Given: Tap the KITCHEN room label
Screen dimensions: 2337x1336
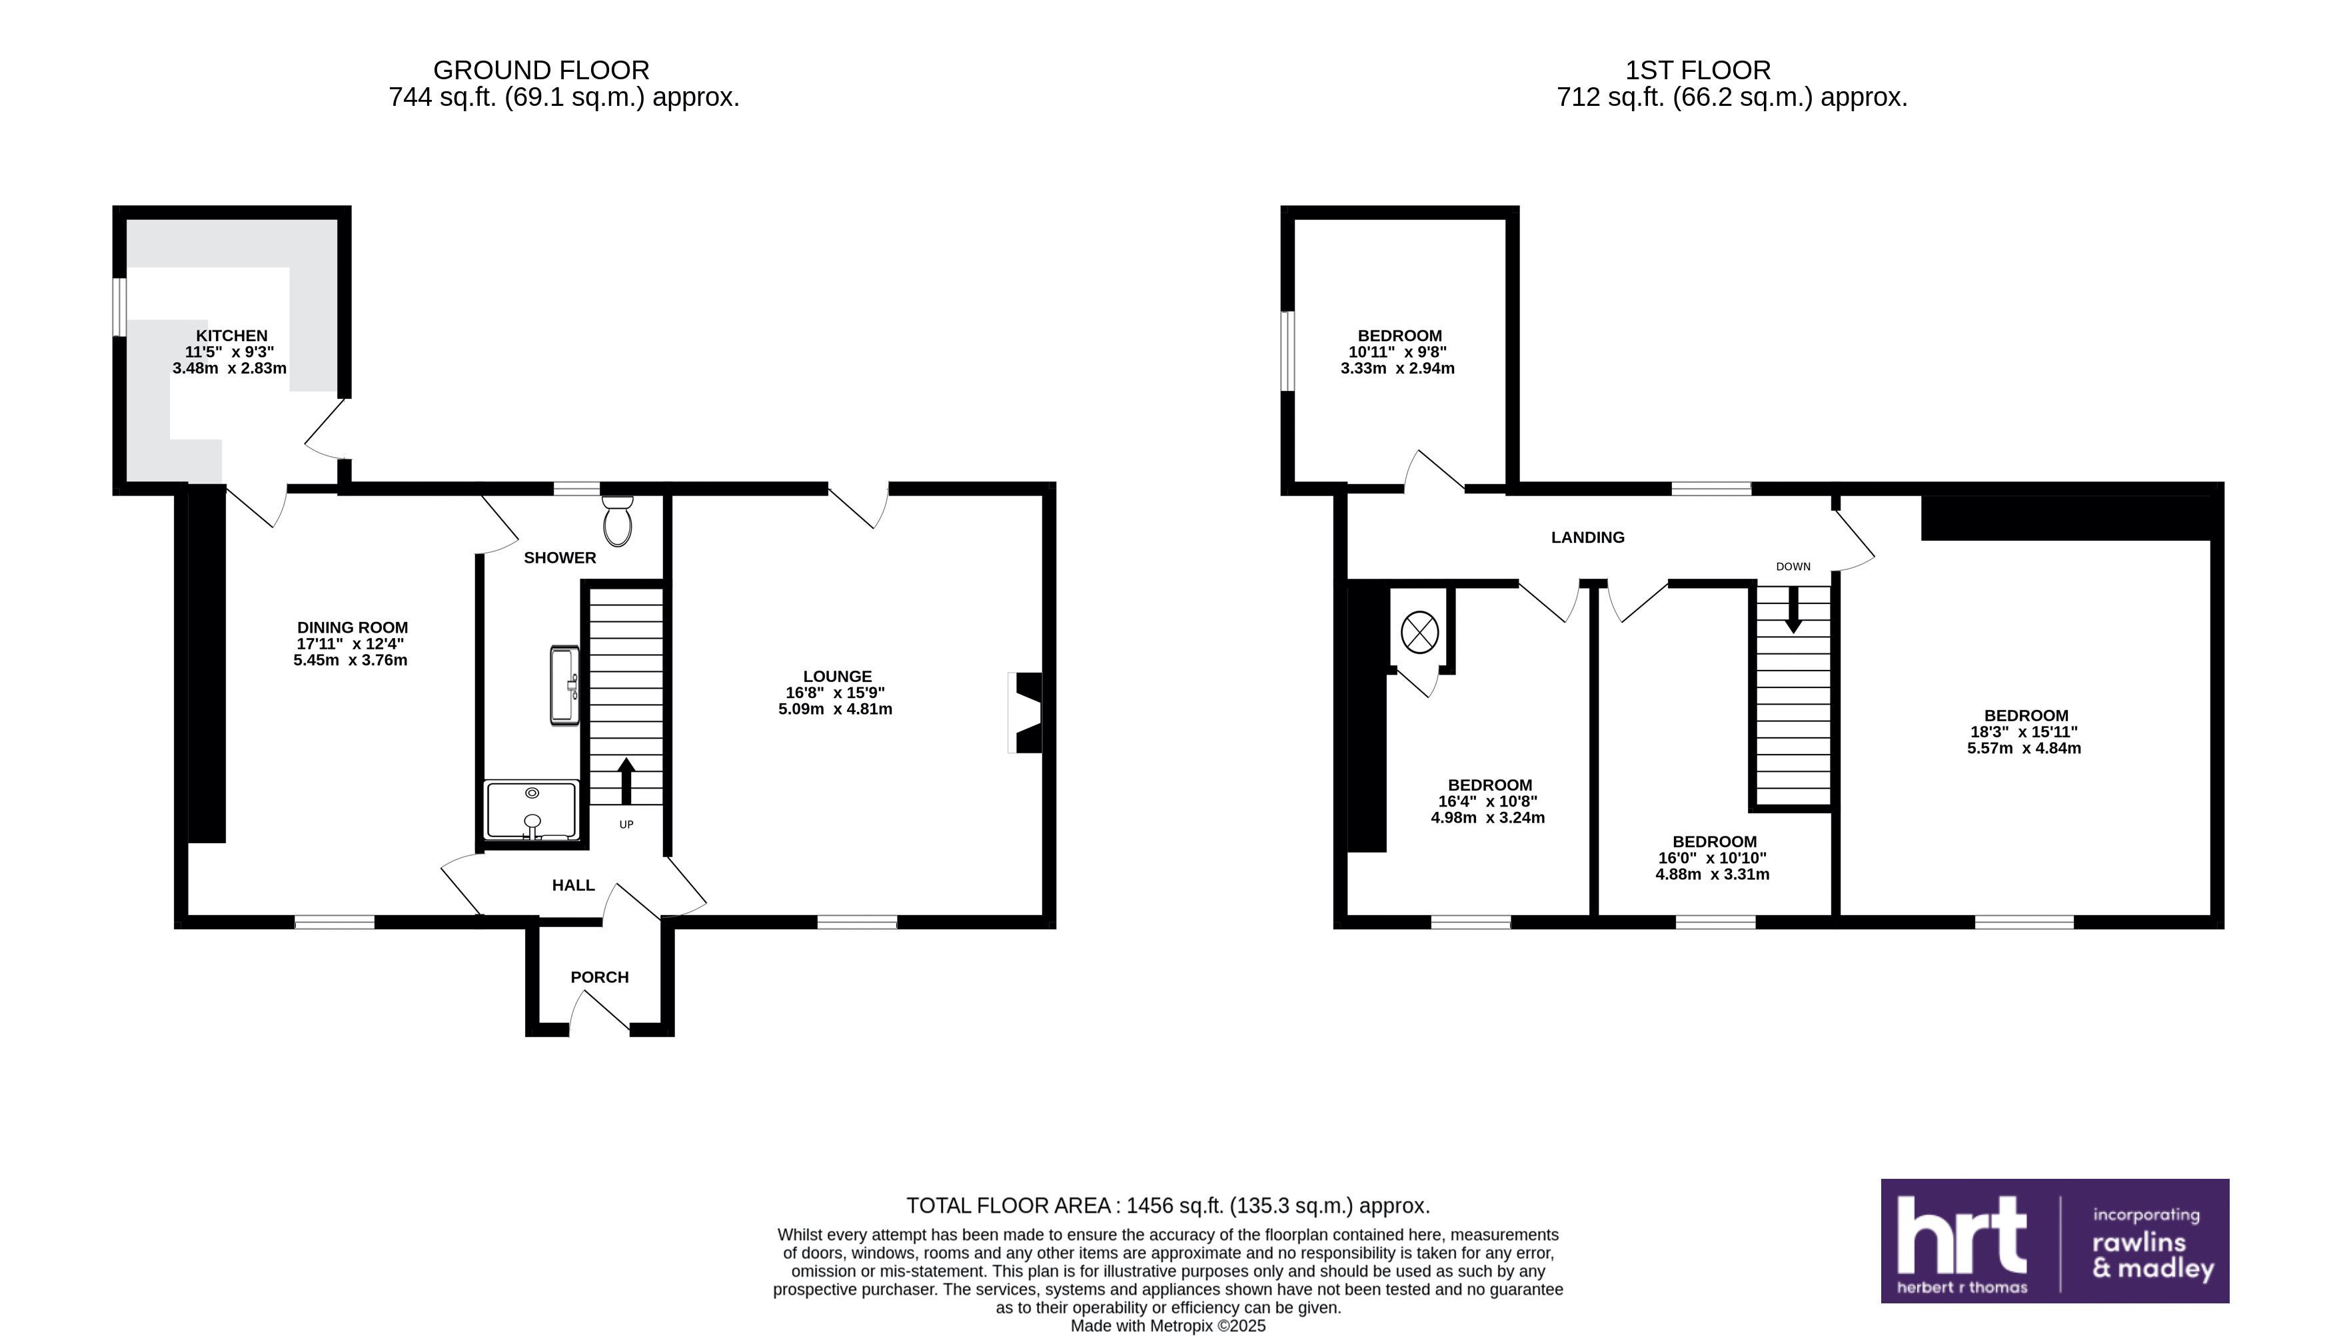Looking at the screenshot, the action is coord(231,336).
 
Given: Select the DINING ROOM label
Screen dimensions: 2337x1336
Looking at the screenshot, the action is coord(352,627).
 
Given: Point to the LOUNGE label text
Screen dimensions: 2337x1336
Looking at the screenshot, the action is coord(837,676).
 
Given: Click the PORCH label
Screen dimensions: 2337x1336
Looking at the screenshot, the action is coord(599,977).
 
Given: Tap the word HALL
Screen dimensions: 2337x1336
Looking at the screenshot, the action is coord(574,886).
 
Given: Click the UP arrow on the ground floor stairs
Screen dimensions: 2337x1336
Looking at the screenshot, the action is coord(626,781).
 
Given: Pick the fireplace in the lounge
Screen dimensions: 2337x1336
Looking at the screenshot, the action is coord(1026,713).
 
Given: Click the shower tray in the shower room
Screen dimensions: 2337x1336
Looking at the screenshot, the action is coord(532,811).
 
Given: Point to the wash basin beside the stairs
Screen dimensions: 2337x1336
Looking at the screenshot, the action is coord(564,685).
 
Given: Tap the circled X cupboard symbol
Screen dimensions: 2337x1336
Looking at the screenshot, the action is coord(1420,633).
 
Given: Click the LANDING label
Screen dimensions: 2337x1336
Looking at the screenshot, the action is coord(1588,537).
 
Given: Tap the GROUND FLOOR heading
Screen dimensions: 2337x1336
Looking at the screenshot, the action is coord(542,70).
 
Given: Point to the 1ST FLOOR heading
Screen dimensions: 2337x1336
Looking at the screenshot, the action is coord(1698,70).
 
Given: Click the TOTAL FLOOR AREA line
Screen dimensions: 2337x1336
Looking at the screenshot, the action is coord(1168,1205).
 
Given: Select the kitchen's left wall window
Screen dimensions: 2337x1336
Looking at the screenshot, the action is coord(119,306).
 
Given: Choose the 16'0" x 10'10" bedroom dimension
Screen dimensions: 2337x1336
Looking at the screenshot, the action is coord(1712,858).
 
